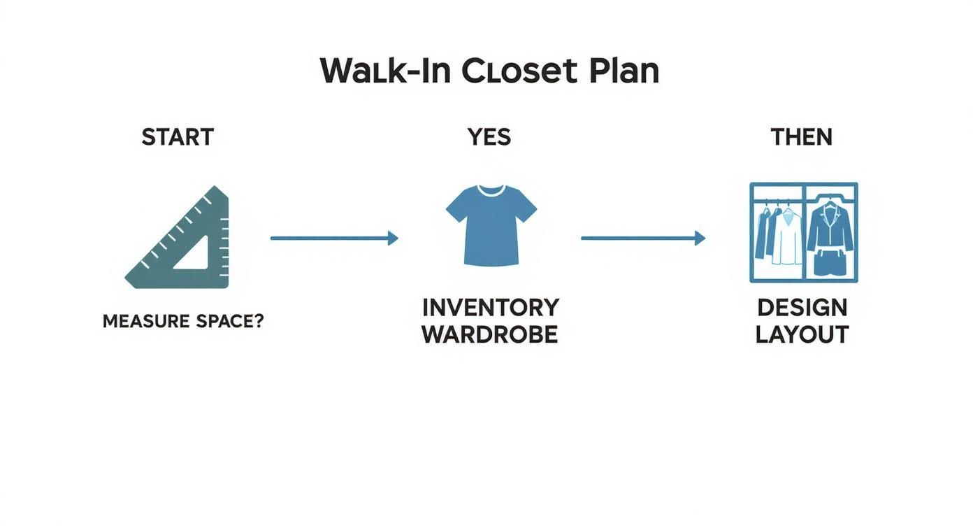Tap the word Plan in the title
click(x=624, y=71)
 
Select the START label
click(x=178, y=137)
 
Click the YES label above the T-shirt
click(x=489, y=137)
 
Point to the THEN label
click(x=801, y=137)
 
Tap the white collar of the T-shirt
click(x=491, y=191)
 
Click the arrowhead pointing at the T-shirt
click(x=393, y=239)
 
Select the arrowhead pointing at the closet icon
click(x=700, y=239)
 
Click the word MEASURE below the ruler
click(x=145, y=322)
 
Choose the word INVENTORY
click(x=491, y=307)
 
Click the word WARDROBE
click(x=490, y=334)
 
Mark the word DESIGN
click(x=802, y=307)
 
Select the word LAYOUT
click(x=802, y=334)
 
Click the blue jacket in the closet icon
click(x=830, y=227)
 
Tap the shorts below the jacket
click(x=830, y=264)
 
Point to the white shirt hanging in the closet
click(x=788, y=238)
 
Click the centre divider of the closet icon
click(x=805, y=233)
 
